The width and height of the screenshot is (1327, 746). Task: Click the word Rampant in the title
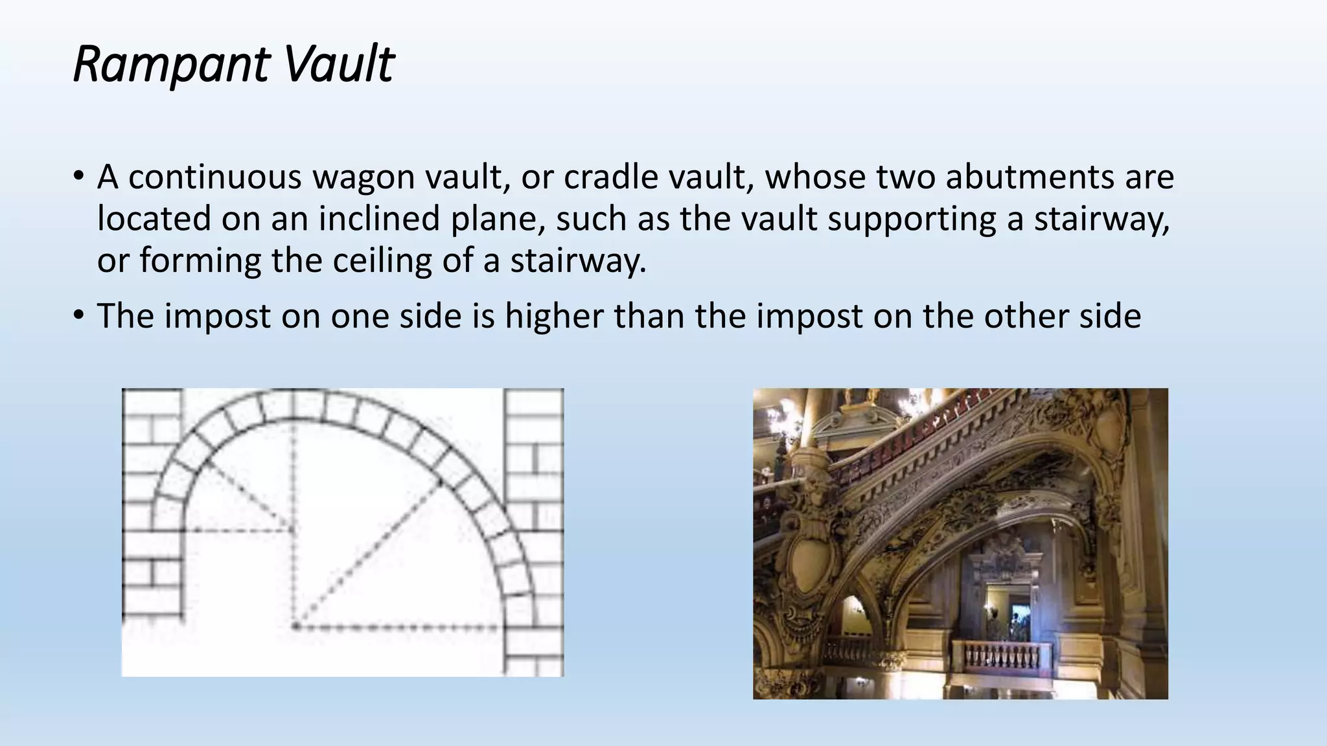point(170,65)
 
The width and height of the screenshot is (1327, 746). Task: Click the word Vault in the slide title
point(338,65)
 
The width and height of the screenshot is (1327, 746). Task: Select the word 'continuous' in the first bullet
point(215,177)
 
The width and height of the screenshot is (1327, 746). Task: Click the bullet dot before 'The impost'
point(79,315)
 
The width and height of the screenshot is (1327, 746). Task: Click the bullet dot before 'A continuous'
point(79,176)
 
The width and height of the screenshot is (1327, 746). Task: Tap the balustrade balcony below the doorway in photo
point(1001,657)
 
